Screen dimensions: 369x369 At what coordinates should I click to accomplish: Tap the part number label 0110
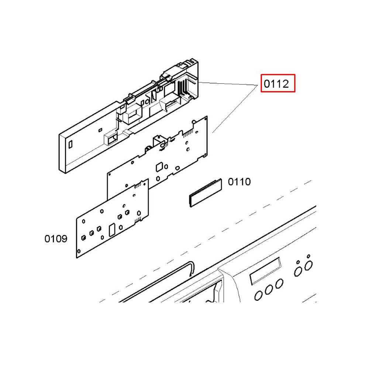click(x=239, y=182)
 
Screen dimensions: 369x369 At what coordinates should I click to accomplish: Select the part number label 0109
click(x=56, y=239)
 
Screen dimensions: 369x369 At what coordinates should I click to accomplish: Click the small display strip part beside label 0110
click(x=206, y=193)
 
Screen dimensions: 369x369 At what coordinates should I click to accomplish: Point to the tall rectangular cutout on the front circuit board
click(x=111, y=230)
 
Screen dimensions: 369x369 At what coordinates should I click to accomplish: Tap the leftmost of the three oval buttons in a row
click(x=258, y=296)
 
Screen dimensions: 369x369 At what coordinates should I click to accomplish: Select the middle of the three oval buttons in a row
click(x=269, y=290)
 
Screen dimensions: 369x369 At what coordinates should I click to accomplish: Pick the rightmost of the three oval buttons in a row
click(x=279, y=283)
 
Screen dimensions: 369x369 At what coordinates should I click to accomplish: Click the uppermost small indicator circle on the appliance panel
click(x=308, y=256)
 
